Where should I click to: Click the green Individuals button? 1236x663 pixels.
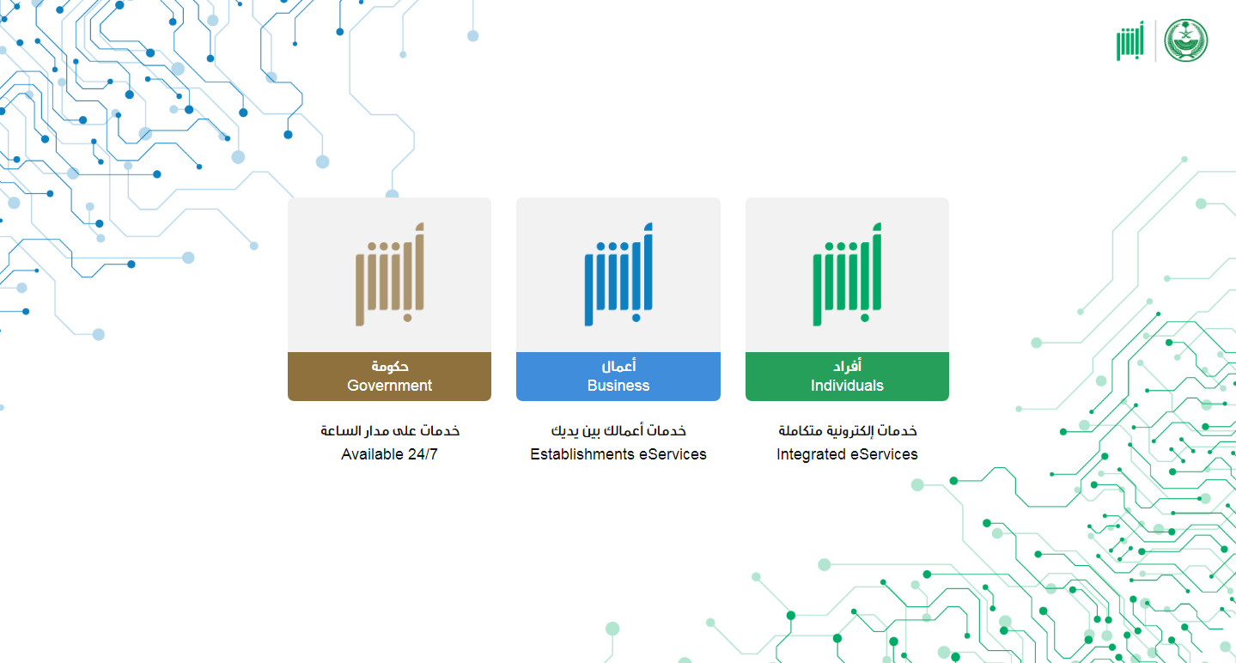(x=847, y=376)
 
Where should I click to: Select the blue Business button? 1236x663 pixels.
(x=618, y=376)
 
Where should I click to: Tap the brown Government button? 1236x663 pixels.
(x=389, y=376)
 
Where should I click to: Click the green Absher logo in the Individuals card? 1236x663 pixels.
(x=847, y=274)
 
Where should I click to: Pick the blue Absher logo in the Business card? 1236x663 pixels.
(x=618, y=274)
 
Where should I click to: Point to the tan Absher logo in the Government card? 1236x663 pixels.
(x=390, y=274)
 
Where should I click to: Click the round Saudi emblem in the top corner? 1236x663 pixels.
(x=1186, y=40)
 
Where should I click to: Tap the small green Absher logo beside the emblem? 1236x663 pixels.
(x=1130, y=41)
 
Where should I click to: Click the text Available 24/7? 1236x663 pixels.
(x=389, y=454)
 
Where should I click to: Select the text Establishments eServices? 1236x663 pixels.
(x=618, y=454)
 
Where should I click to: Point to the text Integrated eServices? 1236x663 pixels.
(x=847, y=454)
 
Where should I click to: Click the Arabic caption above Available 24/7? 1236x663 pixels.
(x=390, y=430)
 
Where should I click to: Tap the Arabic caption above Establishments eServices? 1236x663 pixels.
(x=618, y=430)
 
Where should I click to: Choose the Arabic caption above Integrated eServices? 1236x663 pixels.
(x=848, y=430)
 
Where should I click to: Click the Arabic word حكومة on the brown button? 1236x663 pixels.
(x=390, y=366)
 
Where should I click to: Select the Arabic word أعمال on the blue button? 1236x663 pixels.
(x=618, y=366)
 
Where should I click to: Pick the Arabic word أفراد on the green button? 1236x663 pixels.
(x=847, y=366)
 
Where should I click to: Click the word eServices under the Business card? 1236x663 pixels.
(x=673, y=454)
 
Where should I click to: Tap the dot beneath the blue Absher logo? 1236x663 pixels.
(x=636, y=318)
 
